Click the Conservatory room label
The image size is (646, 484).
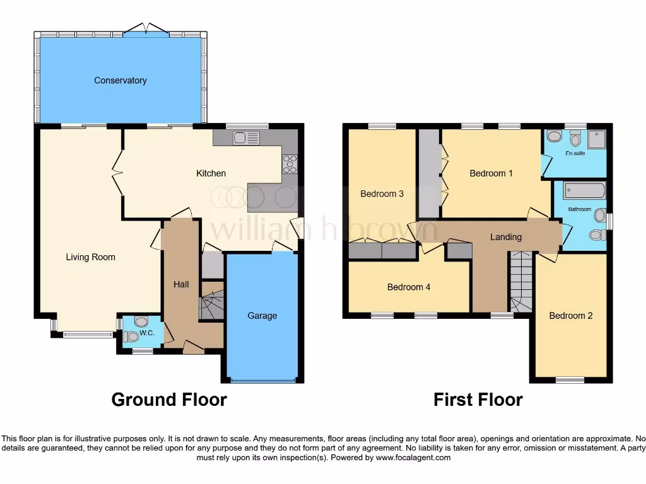click(120, 81)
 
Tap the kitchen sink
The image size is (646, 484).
click(246, 137)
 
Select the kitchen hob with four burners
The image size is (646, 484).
click(290, 164)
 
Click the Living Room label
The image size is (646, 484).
click(90, 257)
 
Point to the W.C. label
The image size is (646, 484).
click(147, 333)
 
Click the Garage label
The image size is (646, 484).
click(262, 316)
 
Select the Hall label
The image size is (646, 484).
click(181, 285)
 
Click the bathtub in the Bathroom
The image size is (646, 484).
click(584, 190)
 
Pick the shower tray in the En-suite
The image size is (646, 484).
click(596, 139)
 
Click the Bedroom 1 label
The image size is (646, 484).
click(491, 173)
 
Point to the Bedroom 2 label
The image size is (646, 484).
click(571, 316)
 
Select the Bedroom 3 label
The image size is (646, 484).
click(382, 194)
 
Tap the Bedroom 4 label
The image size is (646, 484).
click(409, 287)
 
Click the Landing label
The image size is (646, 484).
click(506, 237)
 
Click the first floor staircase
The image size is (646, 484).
click(521, 280)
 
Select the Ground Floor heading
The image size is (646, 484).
click(169, 400)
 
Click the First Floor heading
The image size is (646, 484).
click(478, 400)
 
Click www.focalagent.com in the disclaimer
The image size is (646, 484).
click(413, 458)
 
